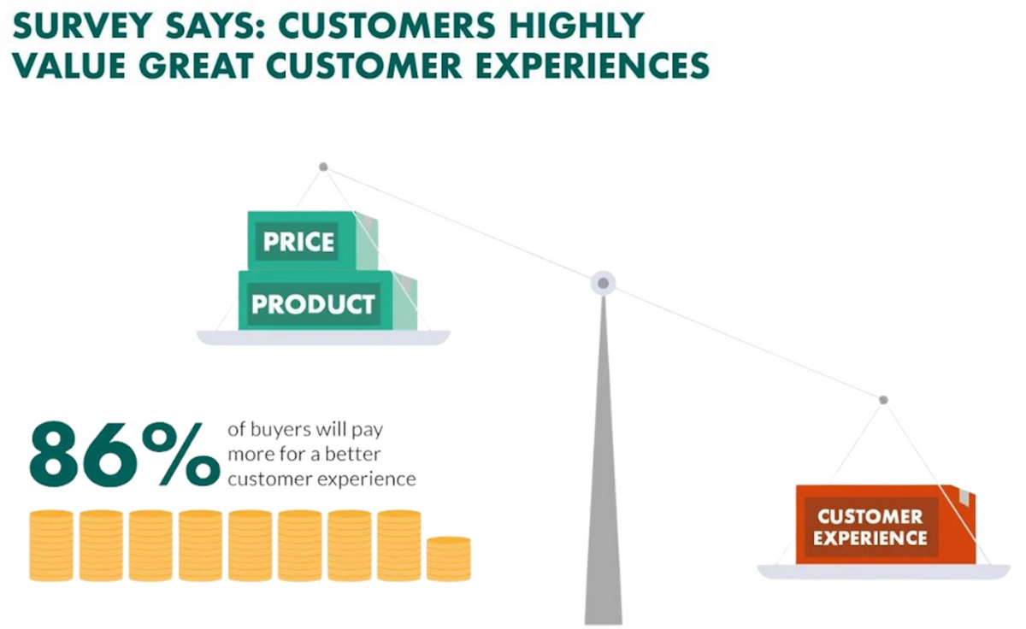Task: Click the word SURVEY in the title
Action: pos(82,25)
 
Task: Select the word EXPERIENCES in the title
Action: pos(593,66)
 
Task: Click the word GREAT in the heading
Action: pos(196,66)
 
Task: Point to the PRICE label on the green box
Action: pos(298,242)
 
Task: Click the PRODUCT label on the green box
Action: pos(313,304)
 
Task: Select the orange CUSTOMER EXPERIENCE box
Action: pos(886,525)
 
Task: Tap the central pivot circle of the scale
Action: pos(604,284)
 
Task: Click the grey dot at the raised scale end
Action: pos(323,167)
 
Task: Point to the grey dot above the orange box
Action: pos(883,400)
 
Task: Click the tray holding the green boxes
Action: pos(323,338)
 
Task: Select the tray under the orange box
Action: pos(883,572)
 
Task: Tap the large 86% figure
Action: pos(125,454)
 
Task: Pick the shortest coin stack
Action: pos(448,559)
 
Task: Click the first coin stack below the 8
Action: pos(51,546)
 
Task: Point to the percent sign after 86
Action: pos(181,454)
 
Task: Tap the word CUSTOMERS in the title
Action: pos(386,25)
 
